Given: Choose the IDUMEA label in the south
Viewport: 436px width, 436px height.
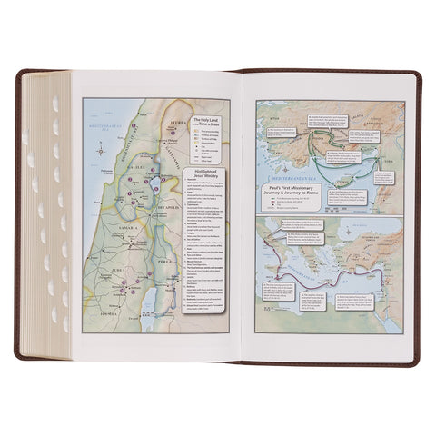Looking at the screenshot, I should pyautogui.click(x=102, y=332).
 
